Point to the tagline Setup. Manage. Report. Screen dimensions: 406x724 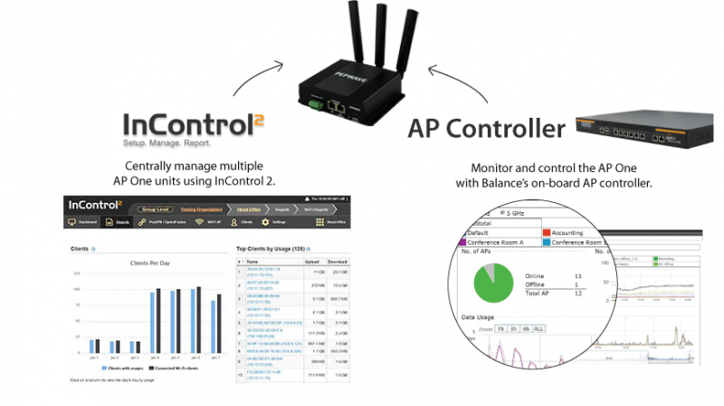(167, 144)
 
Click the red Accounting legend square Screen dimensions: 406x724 (545, 233)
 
